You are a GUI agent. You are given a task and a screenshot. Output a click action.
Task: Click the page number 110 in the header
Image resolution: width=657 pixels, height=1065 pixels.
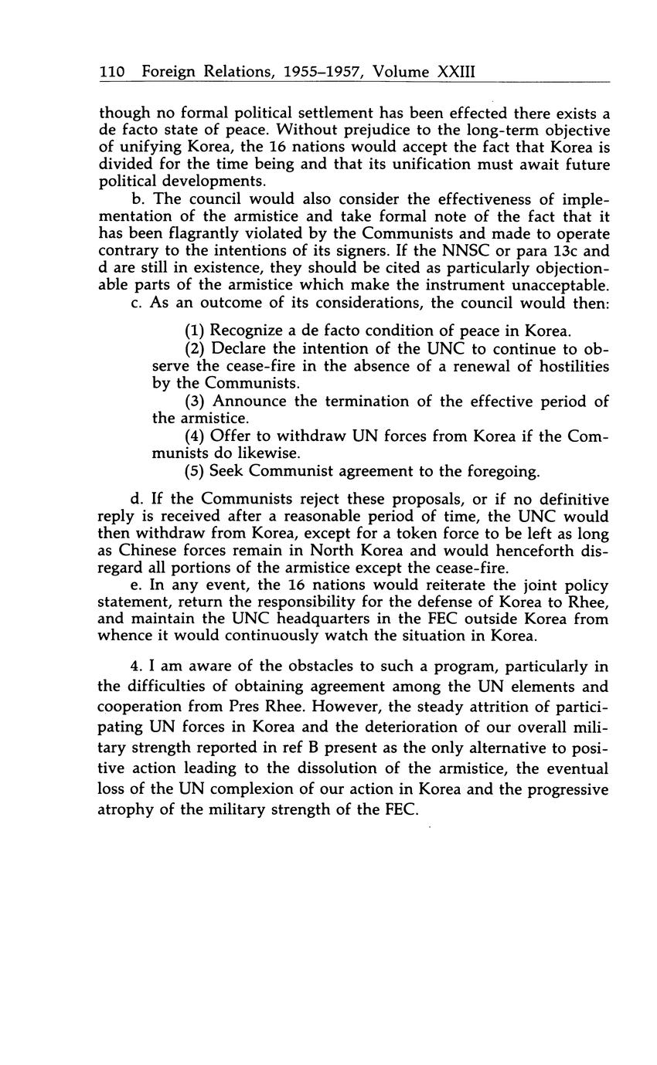(112, 72)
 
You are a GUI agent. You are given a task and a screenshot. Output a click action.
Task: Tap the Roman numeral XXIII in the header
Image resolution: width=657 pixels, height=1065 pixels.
(455, 72)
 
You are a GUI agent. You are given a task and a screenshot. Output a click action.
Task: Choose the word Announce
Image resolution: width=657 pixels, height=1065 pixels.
(247, 401)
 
